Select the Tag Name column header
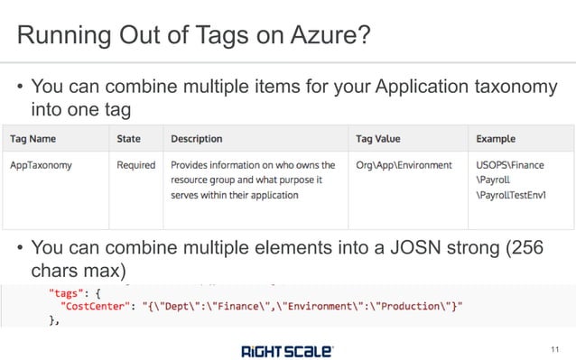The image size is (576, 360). [33, 139]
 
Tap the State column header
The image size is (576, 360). [128, 139]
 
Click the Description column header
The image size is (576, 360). [196, 139]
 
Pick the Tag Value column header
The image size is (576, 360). [378, 139]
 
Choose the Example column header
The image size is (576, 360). [496, 139]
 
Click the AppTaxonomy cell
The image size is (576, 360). [42, 166]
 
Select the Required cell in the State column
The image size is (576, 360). [136, 166]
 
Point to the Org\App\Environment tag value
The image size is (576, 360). [404, 166]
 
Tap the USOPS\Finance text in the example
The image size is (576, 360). [512, 166]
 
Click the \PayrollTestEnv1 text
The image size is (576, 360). [512, 195]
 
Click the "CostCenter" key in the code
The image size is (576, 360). [94, 308]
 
